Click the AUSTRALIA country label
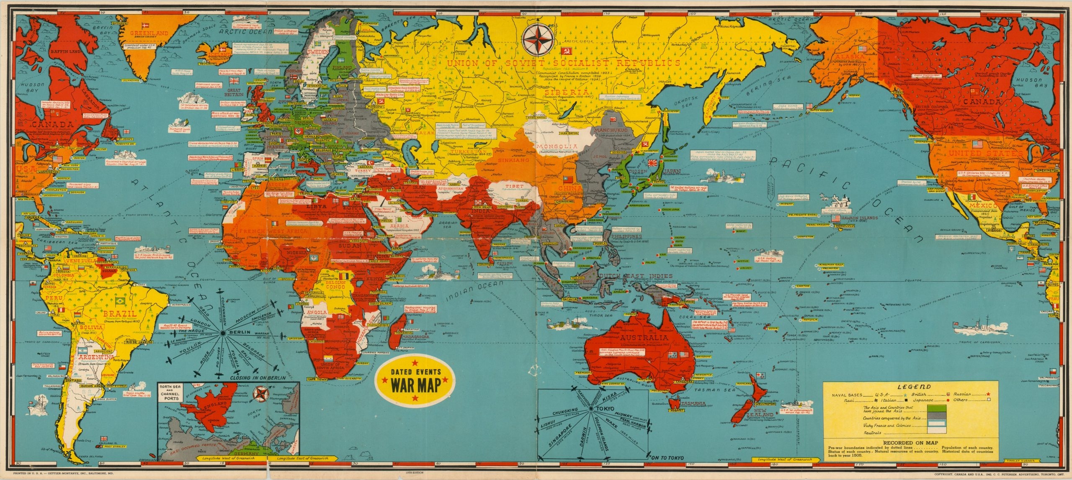click(644, 338)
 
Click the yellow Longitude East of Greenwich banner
click(301, 458)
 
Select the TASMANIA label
click(693, 404)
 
